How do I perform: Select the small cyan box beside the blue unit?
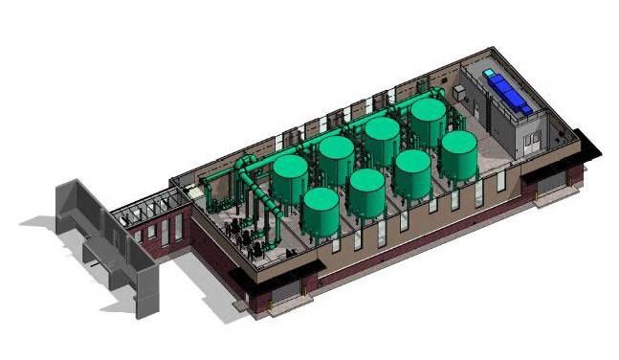pos(491,73)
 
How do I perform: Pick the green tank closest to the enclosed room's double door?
pos(458,154)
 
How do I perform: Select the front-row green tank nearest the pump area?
pos(320,213)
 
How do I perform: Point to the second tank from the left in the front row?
pos(366,191)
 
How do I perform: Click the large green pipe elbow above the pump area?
pos(243,168)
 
